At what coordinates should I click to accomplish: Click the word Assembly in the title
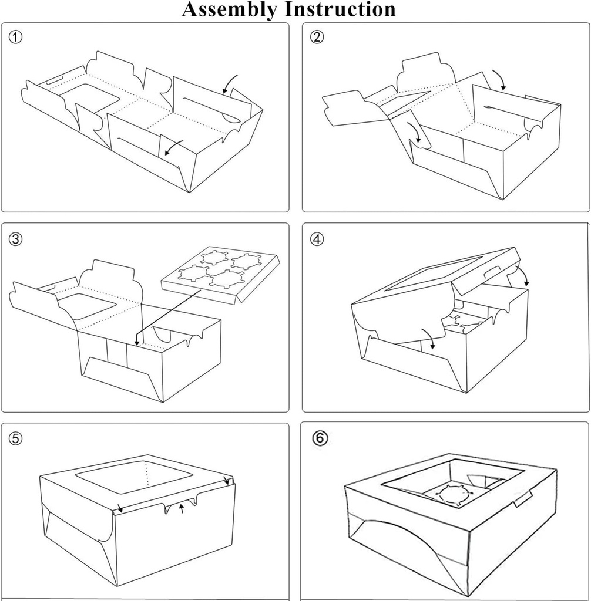229,9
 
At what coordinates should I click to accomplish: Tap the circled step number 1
16,38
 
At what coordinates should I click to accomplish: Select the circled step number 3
16,239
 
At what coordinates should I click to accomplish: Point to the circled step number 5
16,438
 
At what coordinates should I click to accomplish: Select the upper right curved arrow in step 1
230,84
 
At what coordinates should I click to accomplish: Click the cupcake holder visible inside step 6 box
454,495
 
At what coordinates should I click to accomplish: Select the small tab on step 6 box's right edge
522,498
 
